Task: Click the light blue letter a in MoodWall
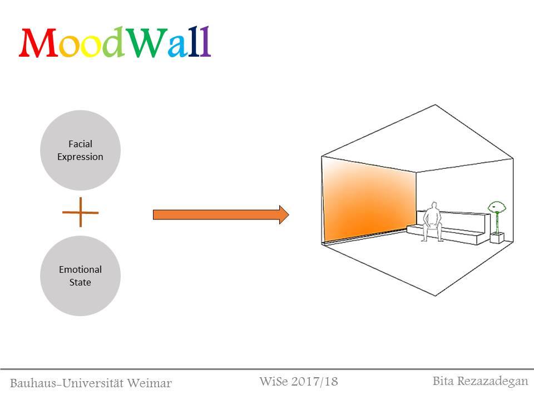(177, 47)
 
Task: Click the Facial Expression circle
(81, 150)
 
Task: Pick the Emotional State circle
(81, 276)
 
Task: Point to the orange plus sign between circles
(80, 212)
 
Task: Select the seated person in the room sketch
(432, 222)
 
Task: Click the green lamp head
(496, 208)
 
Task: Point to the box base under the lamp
(497, 238)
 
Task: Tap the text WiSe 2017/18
(299, 382)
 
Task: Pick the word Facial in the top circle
(81, 144)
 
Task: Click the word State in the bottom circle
(81, 282)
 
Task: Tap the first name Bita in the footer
(443, 381)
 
